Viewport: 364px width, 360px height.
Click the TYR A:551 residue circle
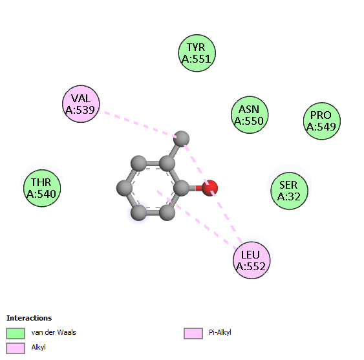(197, 53)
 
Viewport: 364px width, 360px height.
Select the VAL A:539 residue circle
(81, 104)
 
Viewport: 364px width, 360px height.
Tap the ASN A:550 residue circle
(250, 114)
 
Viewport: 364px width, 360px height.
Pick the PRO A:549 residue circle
(322, 121)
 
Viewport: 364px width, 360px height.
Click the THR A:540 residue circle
(42, 188)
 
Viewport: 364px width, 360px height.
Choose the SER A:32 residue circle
(289, 191)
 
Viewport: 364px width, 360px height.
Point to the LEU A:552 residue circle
(252, 260)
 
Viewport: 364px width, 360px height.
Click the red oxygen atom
(210, 188)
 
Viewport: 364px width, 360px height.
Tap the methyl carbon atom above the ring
(182, 138)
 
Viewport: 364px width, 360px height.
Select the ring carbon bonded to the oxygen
(181, 188)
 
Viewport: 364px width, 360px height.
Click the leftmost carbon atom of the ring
(124, 188)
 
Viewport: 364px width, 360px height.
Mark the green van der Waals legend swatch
(16, 334)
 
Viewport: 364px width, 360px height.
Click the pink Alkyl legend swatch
(16, 348)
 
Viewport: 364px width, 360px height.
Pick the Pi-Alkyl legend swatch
(193, 334)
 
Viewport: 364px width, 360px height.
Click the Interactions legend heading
(29, 318)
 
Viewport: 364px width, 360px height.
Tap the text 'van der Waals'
(54, 332)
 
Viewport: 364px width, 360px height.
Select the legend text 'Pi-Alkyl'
(220, 332)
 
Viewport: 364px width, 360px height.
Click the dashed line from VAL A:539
(138, 124)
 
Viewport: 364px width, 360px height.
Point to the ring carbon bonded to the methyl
(167, 164)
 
